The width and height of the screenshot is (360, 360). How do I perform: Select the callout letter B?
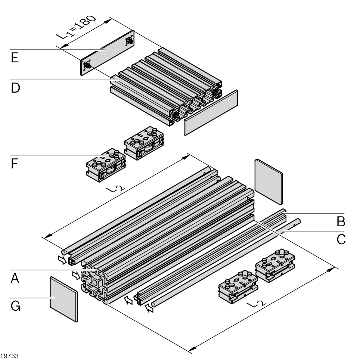click(x=341, y=222)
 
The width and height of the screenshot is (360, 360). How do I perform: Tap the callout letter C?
click(x=341, y=239)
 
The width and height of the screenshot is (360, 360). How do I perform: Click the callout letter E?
click(x=15, y=59)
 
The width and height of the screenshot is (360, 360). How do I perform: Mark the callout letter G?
click(x=15, y=306)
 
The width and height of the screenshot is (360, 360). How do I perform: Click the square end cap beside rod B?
click(x=269, y=181)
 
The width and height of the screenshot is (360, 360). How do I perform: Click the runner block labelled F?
click(x=106, y=165)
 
